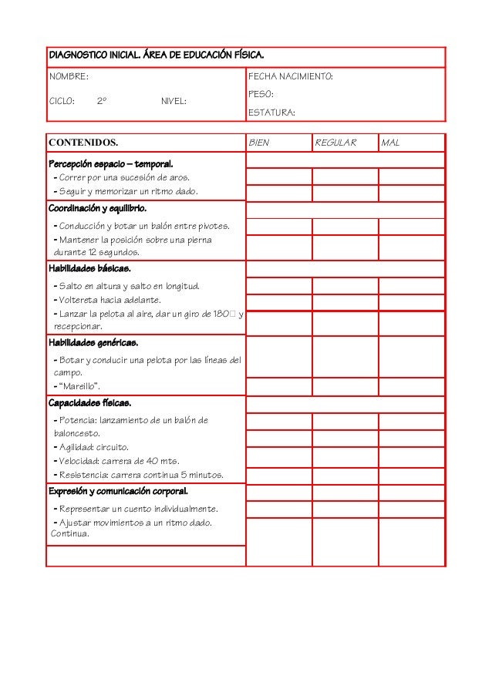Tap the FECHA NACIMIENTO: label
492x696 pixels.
click(x=290, y=77)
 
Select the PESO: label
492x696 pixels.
click(x=261, y=94)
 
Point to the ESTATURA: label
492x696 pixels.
click(x=271, y=113)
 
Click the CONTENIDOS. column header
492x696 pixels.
click(x=83, y=143)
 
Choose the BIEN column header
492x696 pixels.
click(x=260, y=143)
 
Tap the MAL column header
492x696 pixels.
click(x=391, y=143)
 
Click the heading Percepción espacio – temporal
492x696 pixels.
click(x=111, y=164)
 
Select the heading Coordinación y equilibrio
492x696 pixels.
click(x=97, y=208)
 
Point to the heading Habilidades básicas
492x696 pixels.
click(x=89, y=269)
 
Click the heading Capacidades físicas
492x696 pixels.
click(x=89, y=403)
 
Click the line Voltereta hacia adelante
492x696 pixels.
click(x=109, y=300)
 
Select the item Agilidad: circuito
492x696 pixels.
click(x=92, y=447)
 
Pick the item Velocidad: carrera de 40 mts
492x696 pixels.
click(x=116, y=461)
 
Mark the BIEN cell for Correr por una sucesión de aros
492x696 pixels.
click(x=278, y=177)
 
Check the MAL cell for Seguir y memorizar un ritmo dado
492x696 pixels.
click(x=411, y=193)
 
